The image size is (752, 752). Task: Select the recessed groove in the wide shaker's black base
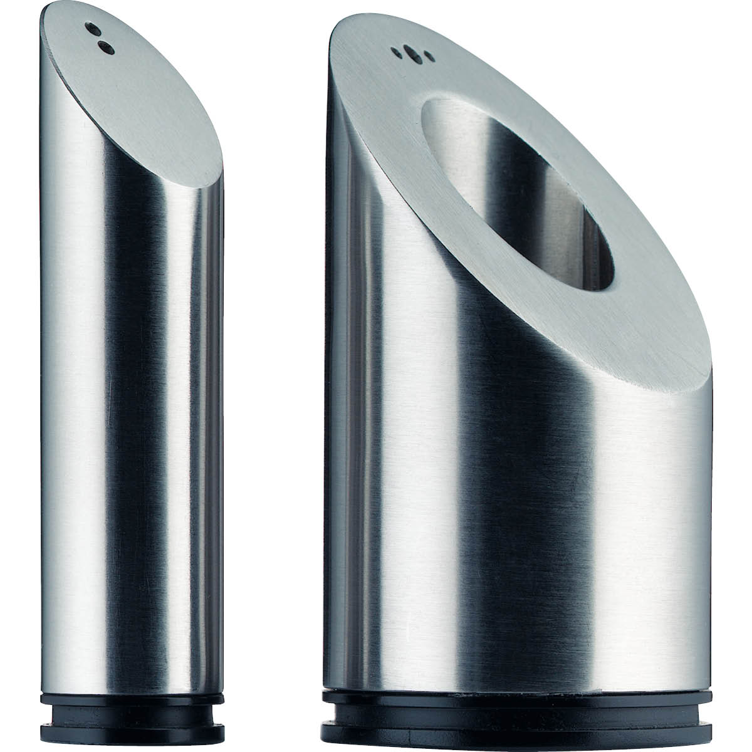click(x=517, y=729)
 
